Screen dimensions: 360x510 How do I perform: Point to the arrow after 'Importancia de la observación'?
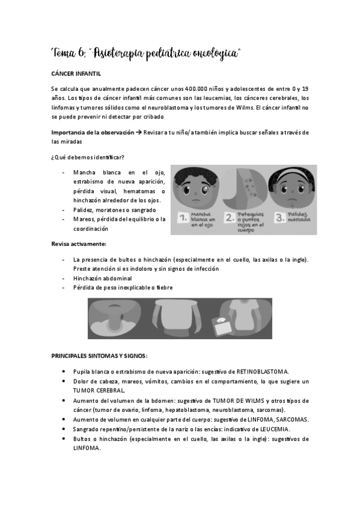[139, 132]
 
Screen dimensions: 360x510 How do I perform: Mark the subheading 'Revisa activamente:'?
[79, 244]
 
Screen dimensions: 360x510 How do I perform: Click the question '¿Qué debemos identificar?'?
[88, 158]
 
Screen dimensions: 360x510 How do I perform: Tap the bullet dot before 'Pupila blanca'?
[64, 371]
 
